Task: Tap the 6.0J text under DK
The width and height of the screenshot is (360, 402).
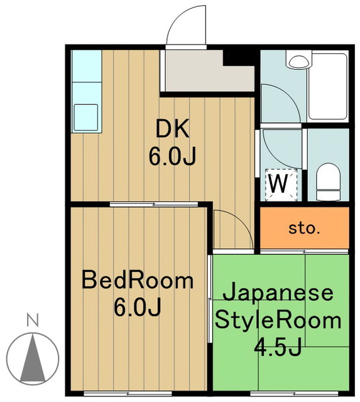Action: [173, 155]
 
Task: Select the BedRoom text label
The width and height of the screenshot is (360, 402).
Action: [138, 280]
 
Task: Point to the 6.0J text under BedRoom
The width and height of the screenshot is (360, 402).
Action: [138, 307]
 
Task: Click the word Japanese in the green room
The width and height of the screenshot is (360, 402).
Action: [278, 293]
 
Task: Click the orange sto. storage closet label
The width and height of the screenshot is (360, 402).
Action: [304, 228]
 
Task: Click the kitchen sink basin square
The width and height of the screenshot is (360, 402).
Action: [86, 117]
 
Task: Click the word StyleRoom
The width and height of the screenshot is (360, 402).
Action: [278, 320]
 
